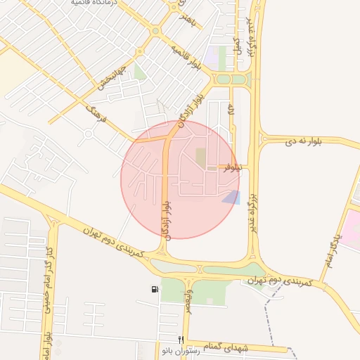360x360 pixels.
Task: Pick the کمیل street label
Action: (237, 46)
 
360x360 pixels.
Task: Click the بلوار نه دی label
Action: (303, 142)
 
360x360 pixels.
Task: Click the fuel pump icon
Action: (155, 289)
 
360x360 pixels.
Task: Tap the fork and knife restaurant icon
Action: (181, 340)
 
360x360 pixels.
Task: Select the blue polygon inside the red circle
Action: (231, 197)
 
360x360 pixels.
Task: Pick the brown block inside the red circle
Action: (201, 158)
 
